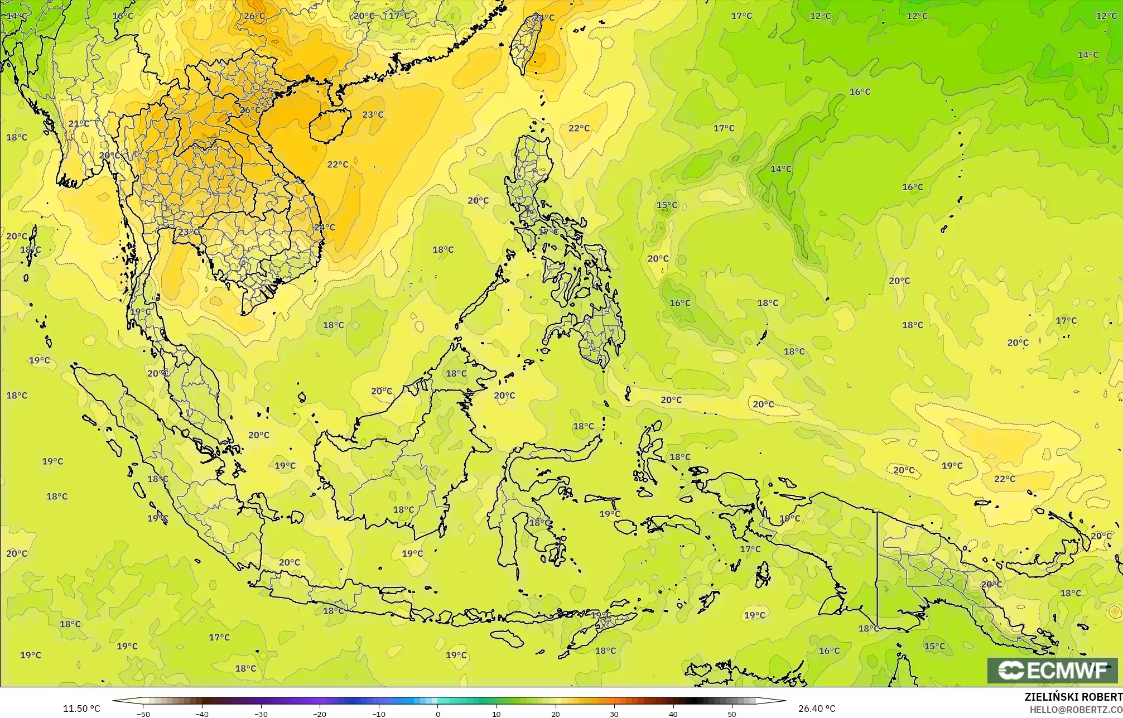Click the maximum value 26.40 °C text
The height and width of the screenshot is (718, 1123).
[x=816, y=709]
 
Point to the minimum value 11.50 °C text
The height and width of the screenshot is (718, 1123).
[x=81, y=709]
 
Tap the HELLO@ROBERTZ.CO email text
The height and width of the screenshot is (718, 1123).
[x=1076, y=710]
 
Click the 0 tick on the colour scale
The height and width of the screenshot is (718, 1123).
[x=437, y=714]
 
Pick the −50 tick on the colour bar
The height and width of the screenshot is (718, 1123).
[x=143, y=714]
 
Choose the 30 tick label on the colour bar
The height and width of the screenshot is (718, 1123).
[x=614, y=714]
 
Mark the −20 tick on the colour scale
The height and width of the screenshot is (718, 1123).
[x=320, y=714]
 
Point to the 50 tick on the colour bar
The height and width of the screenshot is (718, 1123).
[x=732, y=714]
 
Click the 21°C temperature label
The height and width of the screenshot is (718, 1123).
[x=79, y=124]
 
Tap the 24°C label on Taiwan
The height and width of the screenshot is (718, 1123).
[x=544, y=18]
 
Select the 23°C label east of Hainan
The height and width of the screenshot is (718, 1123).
[x=373, y=115]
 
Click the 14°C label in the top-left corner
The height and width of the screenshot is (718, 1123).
[x=17, y=16]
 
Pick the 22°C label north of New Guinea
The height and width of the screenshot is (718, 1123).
[x=1005, y=479]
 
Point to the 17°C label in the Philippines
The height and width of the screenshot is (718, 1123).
[x=548, y=231]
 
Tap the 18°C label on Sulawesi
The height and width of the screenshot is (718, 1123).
[x=539, y=523]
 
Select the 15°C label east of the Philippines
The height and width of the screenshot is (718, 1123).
[x=667, y=205]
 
